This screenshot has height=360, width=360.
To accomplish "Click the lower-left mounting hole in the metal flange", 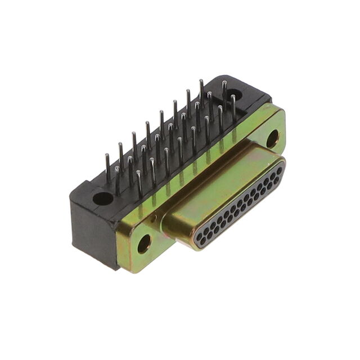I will pos(144,243).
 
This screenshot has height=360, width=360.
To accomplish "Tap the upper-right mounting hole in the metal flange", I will pos(272,138).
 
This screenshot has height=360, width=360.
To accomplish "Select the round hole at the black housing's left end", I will pos(103,198).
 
